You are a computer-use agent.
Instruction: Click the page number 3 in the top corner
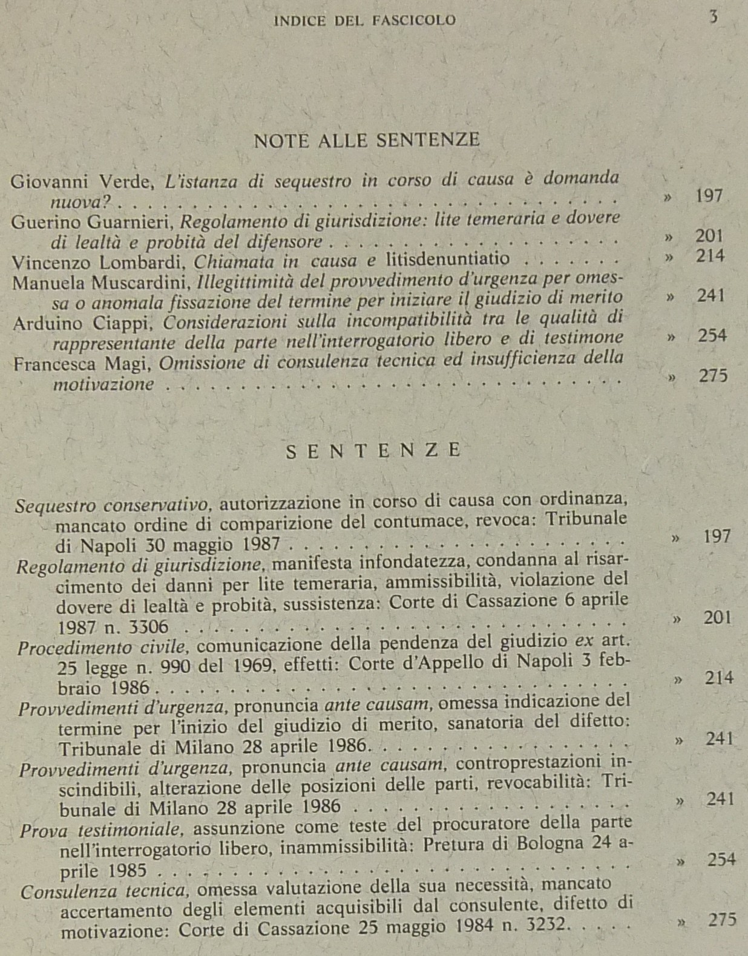click(714, 17)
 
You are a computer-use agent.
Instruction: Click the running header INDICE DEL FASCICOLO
click(365, 21)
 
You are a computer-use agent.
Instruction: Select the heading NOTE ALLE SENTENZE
click(367, 140)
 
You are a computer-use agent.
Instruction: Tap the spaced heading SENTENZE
click(373, 451)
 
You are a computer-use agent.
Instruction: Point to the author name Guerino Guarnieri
click(93, 222)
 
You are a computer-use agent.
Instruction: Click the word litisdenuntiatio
click(447, 260)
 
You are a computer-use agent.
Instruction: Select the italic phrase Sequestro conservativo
click(113, 505)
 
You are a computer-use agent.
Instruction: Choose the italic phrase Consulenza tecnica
click(103, 891)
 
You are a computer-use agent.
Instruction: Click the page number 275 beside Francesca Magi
click(713, 376)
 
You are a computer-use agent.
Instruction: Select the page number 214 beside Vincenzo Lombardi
click(710, 256)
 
